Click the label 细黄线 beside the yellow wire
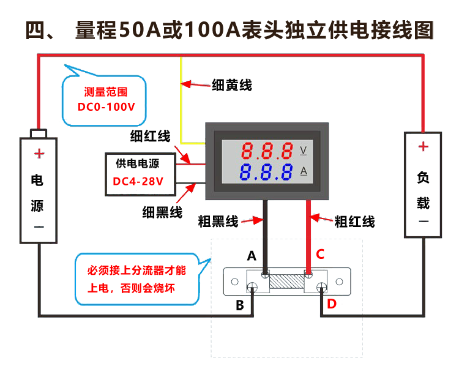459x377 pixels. [232, 85]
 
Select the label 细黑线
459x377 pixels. [162, 212]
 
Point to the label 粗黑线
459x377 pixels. [218, 222]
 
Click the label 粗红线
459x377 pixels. [355, 222]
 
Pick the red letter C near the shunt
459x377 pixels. [320, 254]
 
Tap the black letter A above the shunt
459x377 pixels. [252, 256]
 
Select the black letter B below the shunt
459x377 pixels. [240, 305]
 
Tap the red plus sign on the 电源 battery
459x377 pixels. [39, 154]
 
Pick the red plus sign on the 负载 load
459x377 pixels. [423, 147]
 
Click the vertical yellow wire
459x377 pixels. [181, 98]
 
